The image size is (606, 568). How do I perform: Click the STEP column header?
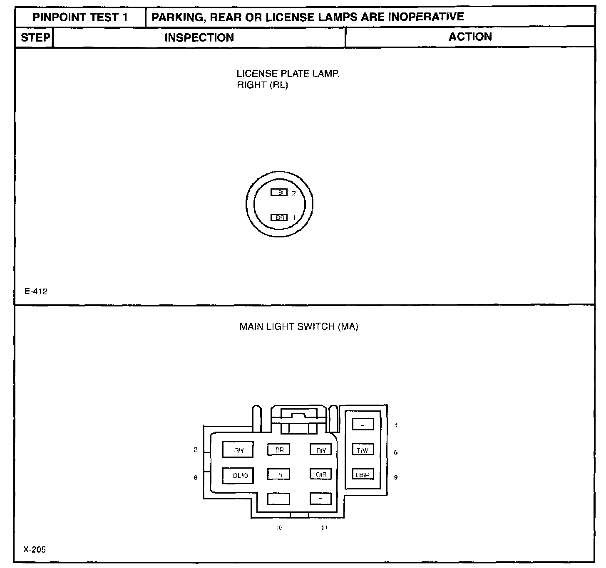pyautogui.click(x=35, y=37)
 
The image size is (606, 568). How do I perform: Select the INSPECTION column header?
pyautogui.click(x=199, y=37)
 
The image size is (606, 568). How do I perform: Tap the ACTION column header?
pyautogui.click(x=470, y=37)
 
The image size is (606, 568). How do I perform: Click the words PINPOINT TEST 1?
pyautogui.click(x=80, y=17)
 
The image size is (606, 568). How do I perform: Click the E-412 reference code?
pyautogui.click(x=36, y=291)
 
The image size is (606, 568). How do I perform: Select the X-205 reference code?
pyautogui.click(x=35, y=549)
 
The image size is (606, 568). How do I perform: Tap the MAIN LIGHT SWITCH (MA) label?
pyautogui.click(x=298, y=326)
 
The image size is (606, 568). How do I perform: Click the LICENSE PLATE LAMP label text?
pyautogui.click(x=288, y=74)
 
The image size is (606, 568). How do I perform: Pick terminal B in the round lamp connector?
pyautogui.click(x=279, y=193)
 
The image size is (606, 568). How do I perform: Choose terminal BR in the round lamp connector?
pyautogui.click(x=279, y=217)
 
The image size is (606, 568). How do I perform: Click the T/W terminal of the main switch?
pyautogui.click(x=363, y=450)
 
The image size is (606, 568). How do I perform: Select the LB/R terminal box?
pyautogui.click(x=363, y=474)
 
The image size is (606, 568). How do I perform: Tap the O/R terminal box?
pyautogui.click(x=320, y=474)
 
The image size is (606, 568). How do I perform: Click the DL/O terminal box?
pyautogui.click(x=238, y=475)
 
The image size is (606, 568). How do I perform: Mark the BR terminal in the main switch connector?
pyautogui.click(x=279, y=450)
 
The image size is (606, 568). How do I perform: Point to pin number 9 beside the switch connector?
pyautogui.click(x=395, y=477)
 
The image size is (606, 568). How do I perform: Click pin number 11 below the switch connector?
pyautogui.click(x=324, y=528)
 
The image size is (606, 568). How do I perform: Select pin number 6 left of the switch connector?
pyautogui.click(x=195, y=478)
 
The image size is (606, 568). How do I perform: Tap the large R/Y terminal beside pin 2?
pyautogui.click(x=238, y=450)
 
